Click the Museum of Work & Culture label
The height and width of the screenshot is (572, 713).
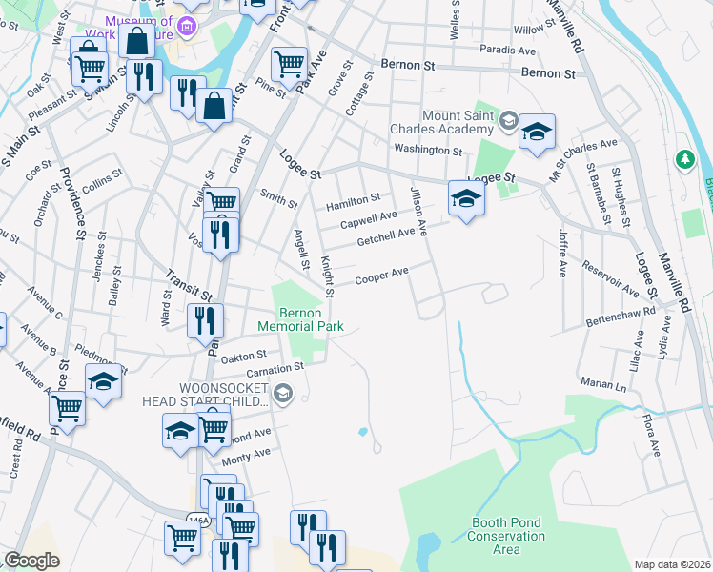tap(139, 28)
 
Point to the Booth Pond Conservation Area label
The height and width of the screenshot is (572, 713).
tap(508, 536)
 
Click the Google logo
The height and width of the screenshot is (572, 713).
tap(31, 561)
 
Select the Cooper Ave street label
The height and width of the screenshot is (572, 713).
tap(381, 276)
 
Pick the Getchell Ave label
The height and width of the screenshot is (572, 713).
tap(385, 235)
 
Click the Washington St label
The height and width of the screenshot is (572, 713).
tap(428, 151)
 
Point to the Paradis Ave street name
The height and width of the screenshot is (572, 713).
tap(508, 49)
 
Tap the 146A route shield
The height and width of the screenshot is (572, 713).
tap(198, 520)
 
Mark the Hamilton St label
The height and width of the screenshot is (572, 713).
tap(353, 200)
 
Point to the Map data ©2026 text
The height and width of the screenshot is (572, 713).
tap(672, 564)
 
